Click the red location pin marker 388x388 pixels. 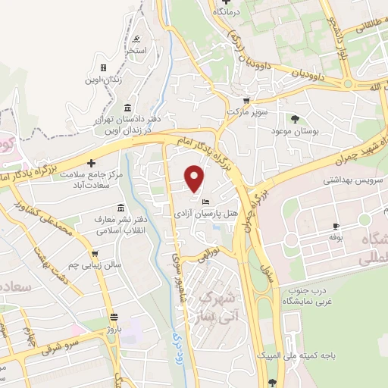coord(195,178)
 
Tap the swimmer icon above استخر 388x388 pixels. coord(136,39)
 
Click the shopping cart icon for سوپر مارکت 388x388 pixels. coord(246,100)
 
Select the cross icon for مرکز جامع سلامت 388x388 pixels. coord(91,163)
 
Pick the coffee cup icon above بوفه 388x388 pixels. coord(336,227)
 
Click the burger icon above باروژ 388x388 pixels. coord(113,317)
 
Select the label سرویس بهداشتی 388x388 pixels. coord(355,182)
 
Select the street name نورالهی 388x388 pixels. coord(209,249)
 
